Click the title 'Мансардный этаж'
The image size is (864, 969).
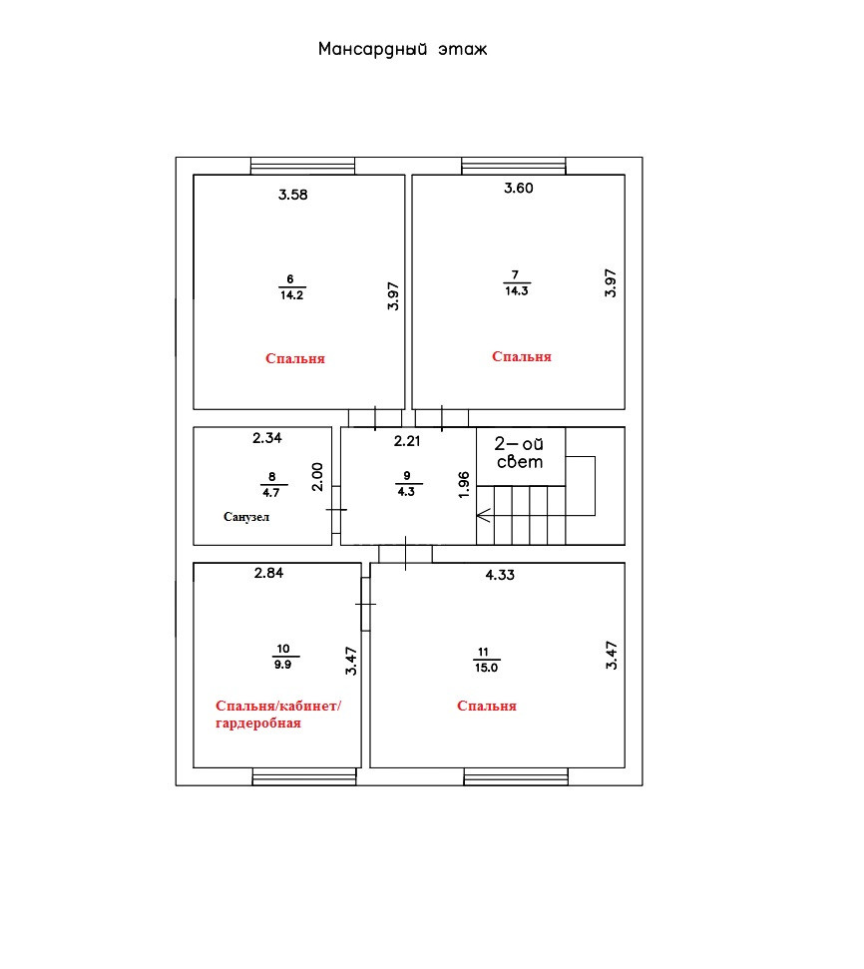tap(402, 49)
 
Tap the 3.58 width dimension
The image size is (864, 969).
tap(292, 195)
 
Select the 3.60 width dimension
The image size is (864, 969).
tap(519, 189)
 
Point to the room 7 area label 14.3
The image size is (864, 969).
tap(516, 291)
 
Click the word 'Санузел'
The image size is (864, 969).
tap(246, 517)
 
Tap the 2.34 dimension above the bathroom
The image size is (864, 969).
tap(268, 437)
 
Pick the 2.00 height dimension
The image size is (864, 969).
tap(317, 477)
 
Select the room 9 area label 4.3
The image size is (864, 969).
tap(406, 491)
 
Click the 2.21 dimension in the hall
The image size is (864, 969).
tap(408, 440)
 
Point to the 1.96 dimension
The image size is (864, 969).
tap(463, 483)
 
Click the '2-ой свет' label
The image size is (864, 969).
tap(520, 453)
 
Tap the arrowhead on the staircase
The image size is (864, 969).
tap(483, 516)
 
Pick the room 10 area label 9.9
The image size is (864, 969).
tap(283, 664)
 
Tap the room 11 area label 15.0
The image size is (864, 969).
tap(486, 667)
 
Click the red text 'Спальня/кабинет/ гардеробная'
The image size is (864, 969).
tap(277, 715)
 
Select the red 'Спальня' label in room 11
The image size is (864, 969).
tap(486, 706)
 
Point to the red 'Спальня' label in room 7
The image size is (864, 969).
tap(522, 356)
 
